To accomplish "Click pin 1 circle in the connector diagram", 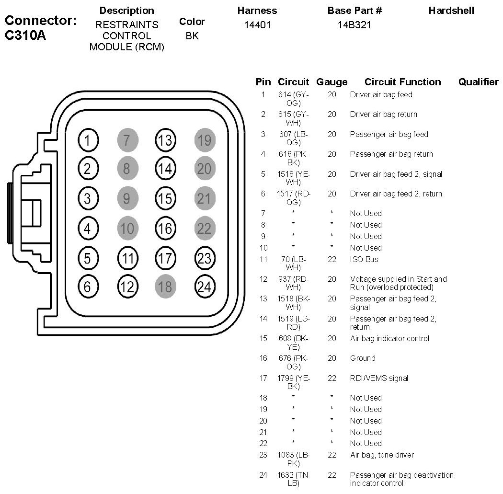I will pyautogui.click(x=87, y=140).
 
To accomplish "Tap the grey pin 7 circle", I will pyautogui.click(x=127, y=140).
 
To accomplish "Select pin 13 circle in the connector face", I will pyautogui.click(x=165, y=140).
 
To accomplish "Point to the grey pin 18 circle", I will pyautogui.click(x=165, y=287).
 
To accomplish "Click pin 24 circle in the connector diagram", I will pyautogui.click(x=205, y=287).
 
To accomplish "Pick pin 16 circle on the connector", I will pyautogui.click(x=165, y=229).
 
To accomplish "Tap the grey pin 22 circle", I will pyautogui.click(x=205, y=229).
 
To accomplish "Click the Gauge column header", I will pyautogui.click(x=332, y=82).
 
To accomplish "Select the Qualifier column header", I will pyautogui.click(x=478, y=82).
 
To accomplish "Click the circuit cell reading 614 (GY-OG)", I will pyautogui.click(x=293, y=99).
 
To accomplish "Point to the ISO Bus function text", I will pyautogui.click(x=364, y=259).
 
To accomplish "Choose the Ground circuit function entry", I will pyautogui.click(x=363, y=358).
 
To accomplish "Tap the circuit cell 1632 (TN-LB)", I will pyautogui.click(x=293, y=479).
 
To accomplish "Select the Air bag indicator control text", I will pyautogui.click(x=389, y=338).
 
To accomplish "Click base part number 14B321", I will pyautogui.click(x=354, y=24).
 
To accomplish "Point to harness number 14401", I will pyautogui.click(x=257, y=24).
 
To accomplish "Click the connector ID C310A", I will pyautogui.click(x=25, y=35).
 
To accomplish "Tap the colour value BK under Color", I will pyautogui.click(x=192, y=35).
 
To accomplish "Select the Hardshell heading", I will pyautogui.click(x=451, y=10).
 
